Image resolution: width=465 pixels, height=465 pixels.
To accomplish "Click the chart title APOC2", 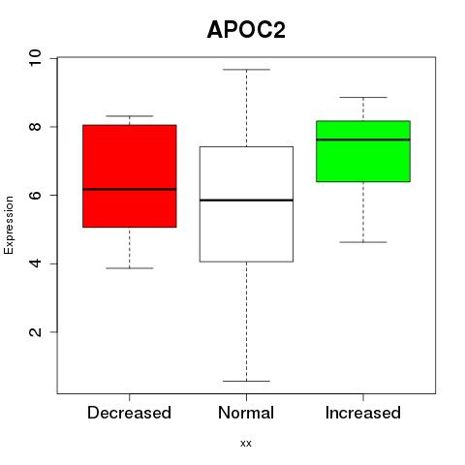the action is click(x=246, y=30).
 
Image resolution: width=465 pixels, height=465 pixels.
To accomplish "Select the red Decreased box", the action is click(x=130, y=176).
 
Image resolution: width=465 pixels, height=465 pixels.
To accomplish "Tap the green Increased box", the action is click(x=363, y=151).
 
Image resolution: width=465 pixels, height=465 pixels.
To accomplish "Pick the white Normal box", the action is click(x=246, y=204).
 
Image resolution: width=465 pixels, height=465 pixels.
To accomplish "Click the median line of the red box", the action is click(x=130, y=189).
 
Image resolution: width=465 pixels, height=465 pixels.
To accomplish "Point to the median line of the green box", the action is click(x=363, y=139).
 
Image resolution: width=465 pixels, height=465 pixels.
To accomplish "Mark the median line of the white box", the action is click(x=246, y=201).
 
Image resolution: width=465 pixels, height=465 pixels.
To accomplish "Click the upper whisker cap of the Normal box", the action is click(x=246, y=70).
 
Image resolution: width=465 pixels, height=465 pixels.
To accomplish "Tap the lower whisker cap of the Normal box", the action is click(x=246, y=381).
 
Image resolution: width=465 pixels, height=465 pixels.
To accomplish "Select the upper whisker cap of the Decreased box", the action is click(x=130, y=116).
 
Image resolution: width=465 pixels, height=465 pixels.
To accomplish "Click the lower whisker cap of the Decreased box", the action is click(x=130, y=268).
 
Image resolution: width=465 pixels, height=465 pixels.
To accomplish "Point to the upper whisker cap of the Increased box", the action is click(x=363, y=97).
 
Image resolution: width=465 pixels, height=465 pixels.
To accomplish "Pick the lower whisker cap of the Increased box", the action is click(x=363, y=242).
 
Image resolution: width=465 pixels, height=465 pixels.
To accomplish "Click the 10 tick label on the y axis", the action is click(x=35, y=58).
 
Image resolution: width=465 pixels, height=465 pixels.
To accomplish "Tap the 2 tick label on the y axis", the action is click(x=35, y=332).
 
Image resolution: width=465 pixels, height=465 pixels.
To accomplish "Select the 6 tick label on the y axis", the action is click(x=35, y=195).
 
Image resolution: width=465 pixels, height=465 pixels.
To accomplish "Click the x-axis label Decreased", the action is click(x=129, y=413).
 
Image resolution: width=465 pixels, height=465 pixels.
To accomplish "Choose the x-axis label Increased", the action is click(x=363, y=413).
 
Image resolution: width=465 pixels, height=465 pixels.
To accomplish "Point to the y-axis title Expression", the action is click(x=9, y=225).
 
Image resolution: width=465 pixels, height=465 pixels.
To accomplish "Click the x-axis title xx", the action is click(x=246, y=444).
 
